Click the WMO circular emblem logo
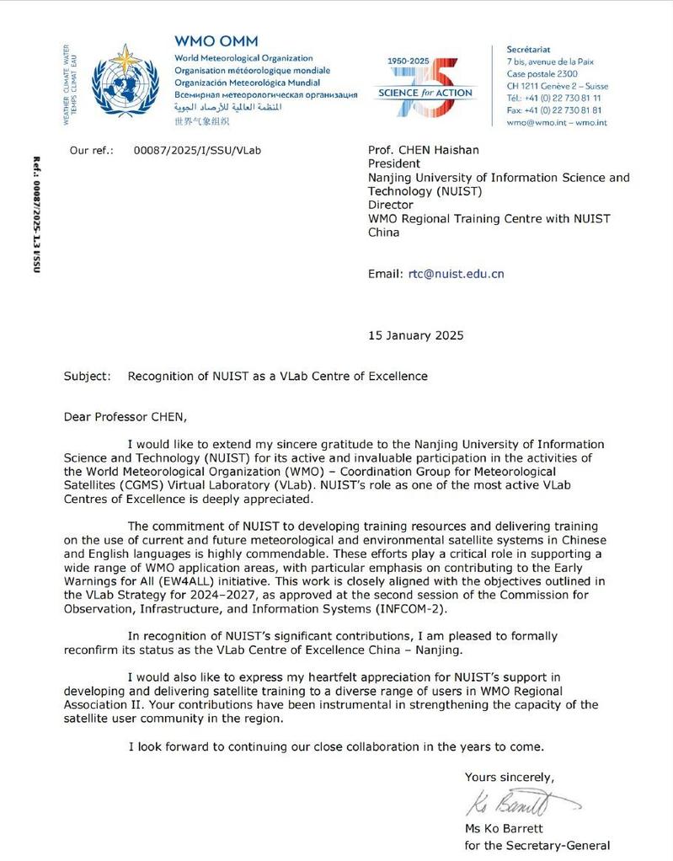[x=124, y=82]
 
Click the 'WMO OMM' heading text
[x=216, y=41]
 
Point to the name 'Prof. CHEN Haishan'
[x=424, y=150]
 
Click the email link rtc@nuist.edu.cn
[x=456, y=274]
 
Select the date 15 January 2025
[x=416, y=335]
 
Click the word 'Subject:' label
[x=87, y=376]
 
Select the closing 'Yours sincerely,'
[x=510, y=777]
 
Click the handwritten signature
[x=514, y=804]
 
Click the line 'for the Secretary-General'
[x=537, y=845]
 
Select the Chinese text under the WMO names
[x=201, y=121]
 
